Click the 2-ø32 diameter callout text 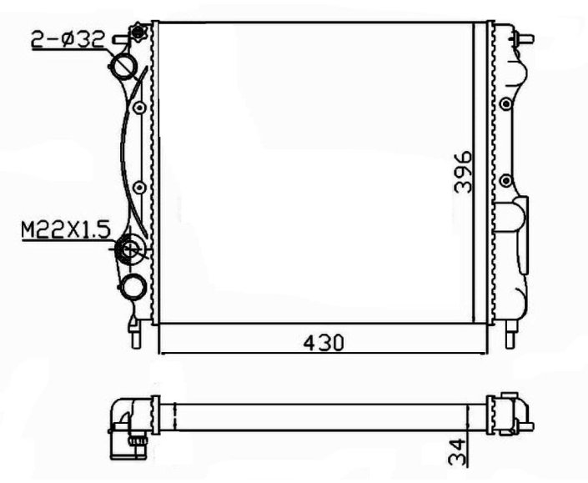[68, 41]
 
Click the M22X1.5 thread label [66, 230]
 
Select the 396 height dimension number [463, 172]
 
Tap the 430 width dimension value [324, 343]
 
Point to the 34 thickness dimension [457, 452]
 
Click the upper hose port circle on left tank [123, 67]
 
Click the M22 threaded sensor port [130, 249]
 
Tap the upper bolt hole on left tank [139, 108]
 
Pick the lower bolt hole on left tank [139, 187]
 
